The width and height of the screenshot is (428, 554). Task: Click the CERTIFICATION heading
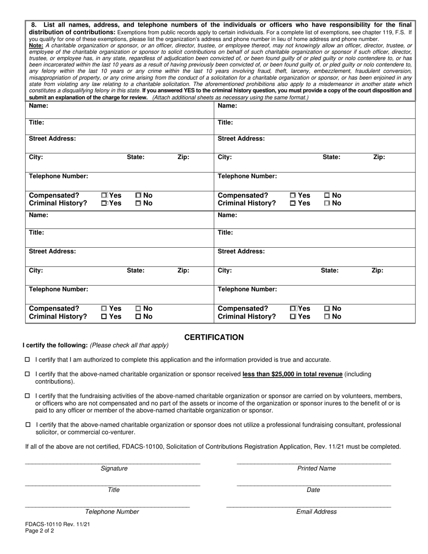(x=214, y=337)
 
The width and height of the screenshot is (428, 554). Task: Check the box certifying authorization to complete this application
(x=27, y=359)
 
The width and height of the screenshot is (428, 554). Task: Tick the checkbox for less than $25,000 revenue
(x=27, y=374)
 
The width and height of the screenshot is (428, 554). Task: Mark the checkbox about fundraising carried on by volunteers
(x=27, y=395)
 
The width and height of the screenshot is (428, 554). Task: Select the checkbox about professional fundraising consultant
(x=27, y=425)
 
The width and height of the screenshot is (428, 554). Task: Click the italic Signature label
(x=114, y=468)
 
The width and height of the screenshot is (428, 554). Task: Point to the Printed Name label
(x=316, y=468)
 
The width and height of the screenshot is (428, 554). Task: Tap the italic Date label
(x=313, y=490)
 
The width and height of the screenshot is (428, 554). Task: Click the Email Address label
(x=316, y=512)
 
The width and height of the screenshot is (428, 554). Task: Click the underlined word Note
(x=36, y=45)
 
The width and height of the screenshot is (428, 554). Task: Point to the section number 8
(x=34, y=25)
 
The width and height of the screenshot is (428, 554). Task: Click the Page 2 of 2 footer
(x=40, y=531)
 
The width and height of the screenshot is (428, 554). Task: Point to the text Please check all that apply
(x=129, y=345)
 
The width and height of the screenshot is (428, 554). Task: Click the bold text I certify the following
(x=55, y=345)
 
